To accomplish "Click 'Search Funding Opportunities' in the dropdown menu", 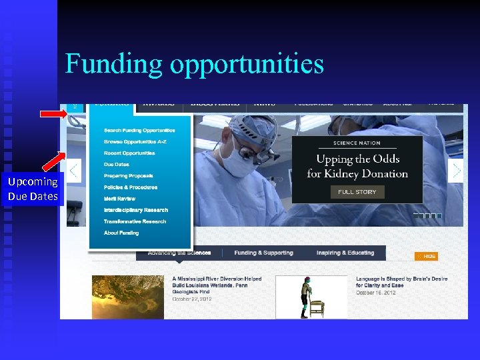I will coord(139,131).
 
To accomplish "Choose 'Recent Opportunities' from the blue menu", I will coord(129,153).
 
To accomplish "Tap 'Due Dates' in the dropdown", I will coord(116,165).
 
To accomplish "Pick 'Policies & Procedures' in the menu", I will coord(131,187).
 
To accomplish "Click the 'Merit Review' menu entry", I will coord(119,199).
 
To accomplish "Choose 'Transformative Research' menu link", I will coord(135,221).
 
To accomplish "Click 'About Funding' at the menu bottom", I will coord(121,233).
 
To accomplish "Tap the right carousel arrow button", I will coord(456,171).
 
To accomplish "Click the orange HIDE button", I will coord(427,256).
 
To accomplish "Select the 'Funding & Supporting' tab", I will coord(263,253).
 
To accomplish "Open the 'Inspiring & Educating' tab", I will coord(345,253).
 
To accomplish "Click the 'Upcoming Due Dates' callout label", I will coord(33,189).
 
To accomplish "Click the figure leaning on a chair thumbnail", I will coord(311,297).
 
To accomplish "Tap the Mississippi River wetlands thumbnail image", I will coord(128,297).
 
